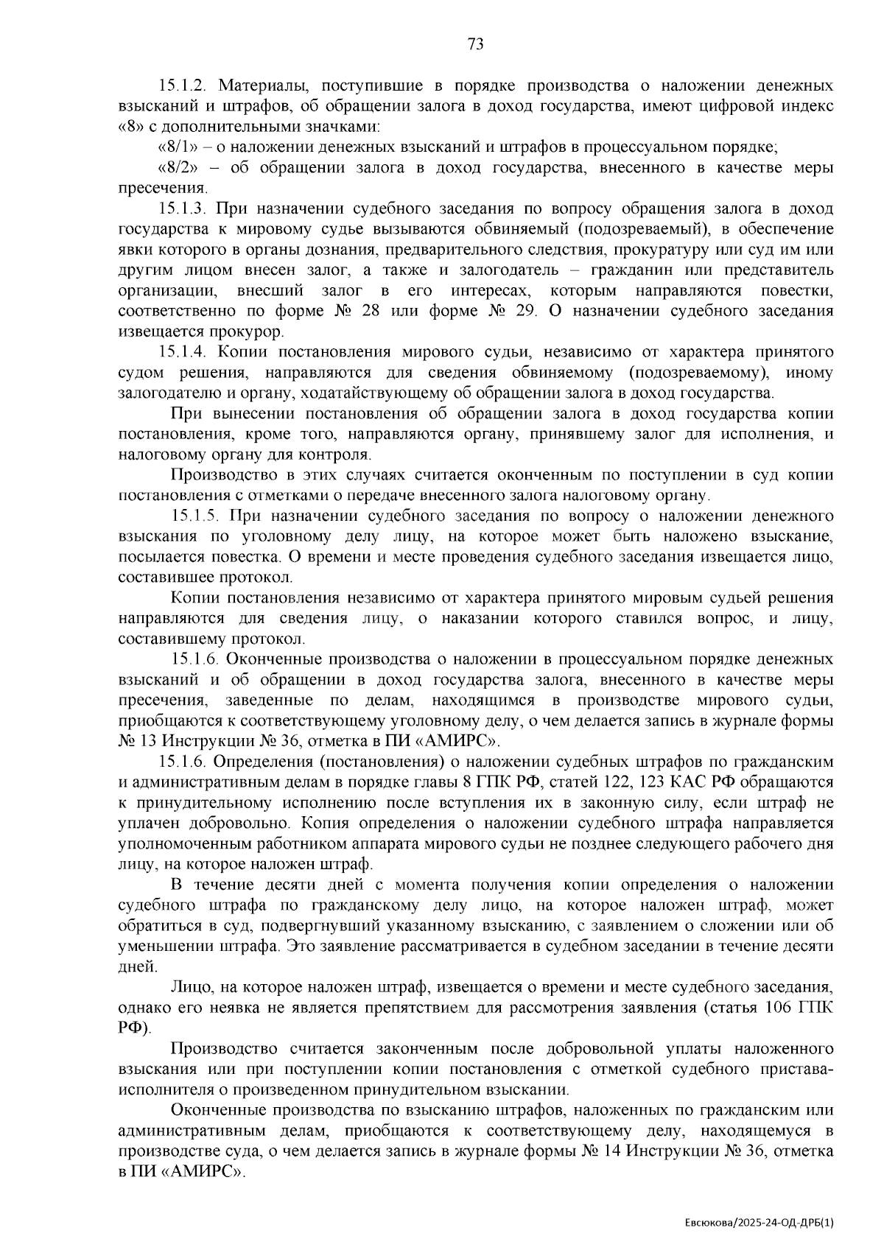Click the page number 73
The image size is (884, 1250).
tap(475, 44)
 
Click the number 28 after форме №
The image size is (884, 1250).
tap(371, 311)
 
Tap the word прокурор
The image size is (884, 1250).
tap(250, 331)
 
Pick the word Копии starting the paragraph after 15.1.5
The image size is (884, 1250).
tap(193, 598)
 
